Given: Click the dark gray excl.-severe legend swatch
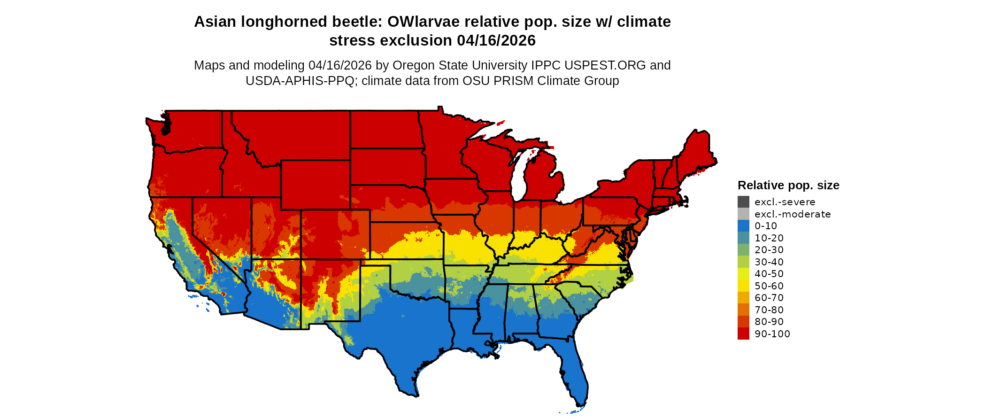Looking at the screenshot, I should [x=743, y=202].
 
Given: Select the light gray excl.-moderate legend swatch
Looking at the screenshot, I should [x=743, y=214].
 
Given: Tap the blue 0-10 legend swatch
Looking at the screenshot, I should [x=743, y=226].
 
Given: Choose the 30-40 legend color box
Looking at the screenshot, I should [x=743, y=262].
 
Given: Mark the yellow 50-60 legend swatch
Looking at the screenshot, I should [x=743, y=286].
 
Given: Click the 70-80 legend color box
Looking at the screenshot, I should [x=743, y=310].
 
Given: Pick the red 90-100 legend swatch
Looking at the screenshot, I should [x=743, y=334].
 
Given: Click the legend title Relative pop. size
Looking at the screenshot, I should [x=788, y=186].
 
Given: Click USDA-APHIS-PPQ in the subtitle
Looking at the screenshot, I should [x=300, y=81].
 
